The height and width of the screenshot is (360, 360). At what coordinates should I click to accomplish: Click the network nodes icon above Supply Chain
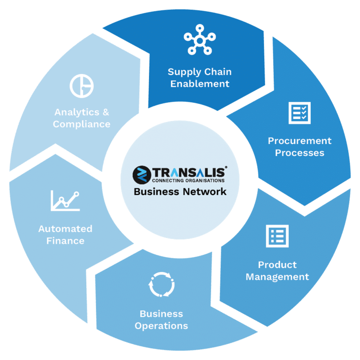(x=200, y=40)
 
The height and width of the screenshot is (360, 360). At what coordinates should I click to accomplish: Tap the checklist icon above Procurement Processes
(x=300, y=113)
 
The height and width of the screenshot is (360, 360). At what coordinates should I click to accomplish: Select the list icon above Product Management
(x=277, y=236)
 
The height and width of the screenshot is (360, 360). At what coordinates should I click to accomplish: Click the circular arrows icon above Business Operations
(x=162, y=285)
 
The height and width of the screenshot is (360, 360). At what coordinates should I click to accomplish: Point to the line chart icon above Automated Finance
(x=65, y=201)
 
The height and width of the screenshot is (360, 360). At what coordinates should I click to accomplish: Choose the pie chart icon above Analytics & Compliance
(x=82, y=86)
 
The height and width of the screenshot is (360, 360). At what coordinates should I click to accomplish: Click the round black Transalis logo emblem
(x=142, y=175)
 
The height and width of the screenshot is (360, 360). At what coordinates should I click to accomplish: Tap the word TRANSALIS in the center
(x=190, y=172)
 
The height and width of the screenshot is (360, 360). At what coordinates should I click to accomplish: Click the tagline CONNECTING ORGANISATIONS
(x=188, y=180)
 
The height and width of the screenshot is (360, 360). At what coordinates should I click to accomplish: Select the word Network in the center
(x=204, y=191)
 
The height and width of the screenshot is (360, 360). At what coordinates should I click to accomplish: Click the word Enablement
(x=200, y=84)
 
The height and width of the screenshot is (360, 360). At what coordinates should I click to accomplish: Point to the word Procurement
(x=300, y=141)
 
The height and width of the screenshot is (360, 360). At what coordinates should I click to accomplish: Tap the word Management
(x=277, y=277)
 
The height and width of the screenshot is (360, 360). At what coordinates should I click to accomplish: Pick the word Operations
(x=161, y=326)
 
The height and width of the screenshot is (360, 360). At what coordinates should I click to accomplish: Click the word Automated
(x=66, y=229)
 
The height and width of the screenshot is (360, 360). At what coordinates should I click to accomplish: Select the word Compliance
(x=82, y=124)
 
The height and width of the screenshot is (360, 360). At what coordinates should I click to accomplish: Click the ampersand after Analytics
(x=106, y=112)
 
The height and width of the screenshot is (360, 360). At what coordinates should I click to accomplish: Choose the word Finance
(x=66, y=241)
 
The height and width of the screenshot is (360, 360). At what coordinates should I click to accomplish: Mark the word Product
(x=277, y=265)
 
